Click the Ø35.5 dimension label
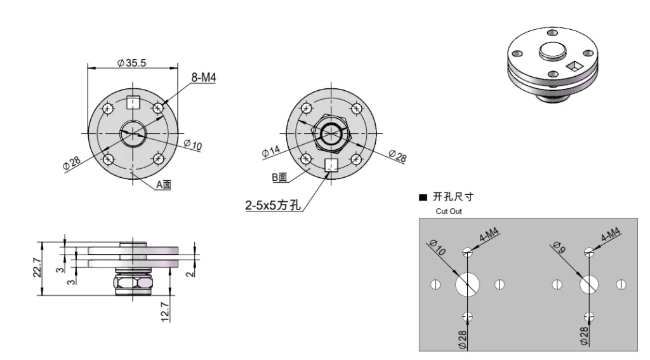133,62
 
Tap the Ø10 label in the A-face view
194,145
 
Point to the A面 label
164,185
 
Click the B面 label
280,177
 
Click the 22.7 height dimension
37,268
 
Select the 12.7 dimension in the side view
166,312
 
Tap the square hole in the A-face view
133,102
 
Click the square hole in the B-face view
330,165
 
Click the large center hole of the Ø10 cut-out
468,284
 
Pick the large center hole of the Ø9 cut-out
590,284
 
